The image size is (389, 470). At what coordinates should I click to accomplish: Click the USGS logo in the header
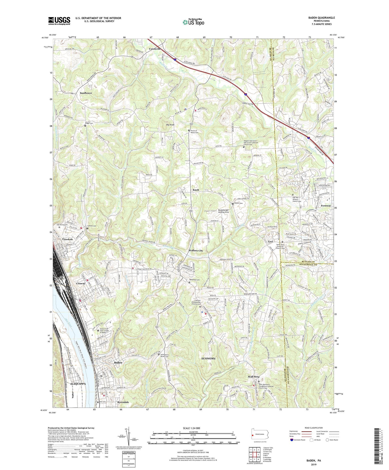click(x=59, y=20)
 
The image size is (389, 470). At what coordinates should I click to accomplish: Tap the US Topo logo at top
click(x=193, y=22)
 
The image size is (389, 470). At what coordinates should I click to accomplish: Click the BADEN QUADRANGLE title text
click(x=321, y=18)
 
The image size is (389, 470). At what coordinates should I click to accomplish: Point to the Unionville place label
click(x=155, y=49)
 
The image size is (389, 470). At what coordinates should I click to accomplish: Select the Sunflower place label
click(x=86, y=93)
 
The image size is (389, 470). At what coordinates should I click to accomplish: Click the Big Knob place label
click(x=170, y=125)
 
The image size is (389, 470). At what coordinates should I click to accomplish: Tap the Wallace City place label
click(x=196, y=251)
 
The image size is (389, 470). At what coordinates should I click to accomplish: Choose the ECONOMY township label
click(x=208, y=359)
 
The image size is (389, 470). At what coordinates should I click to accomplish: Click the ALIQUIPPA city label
click(x=78, y=384)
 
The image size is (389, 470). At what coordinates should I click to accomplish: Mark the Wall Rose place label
click(x=254, y=377)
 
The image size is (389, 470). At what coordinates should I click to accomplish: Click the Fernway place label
click(x=326, y=206)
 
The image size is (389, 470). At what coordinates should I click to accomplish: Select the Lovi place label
click(x=270, y=241)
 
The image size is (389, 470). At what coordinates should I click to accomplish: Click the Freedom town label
click(x=68, y=239)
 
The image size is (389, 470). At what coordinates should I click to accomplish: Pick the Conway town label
click(x=81, y=283)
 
